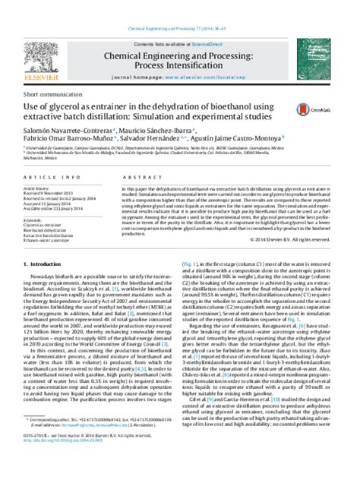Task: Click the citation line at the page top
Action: coord(179,5)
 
